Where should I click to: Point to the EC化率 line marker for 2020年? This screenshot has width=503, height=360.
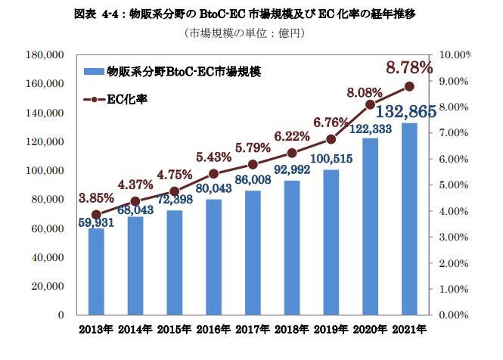[x=370, y=104]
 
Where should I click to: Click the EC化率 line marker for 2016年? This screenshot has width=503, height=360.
[x=213, y=173]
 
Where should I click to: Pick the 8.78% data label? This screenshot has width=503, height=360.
[x=408, y=68]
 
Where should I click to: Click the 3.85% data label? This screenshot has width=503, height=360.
[x=95, y=198]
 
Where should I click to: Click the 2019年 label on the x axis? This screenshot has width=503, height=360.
[x=331, y=330]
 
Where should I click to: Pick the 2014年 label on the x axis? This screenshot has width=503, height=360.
[x=135, y=330]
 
